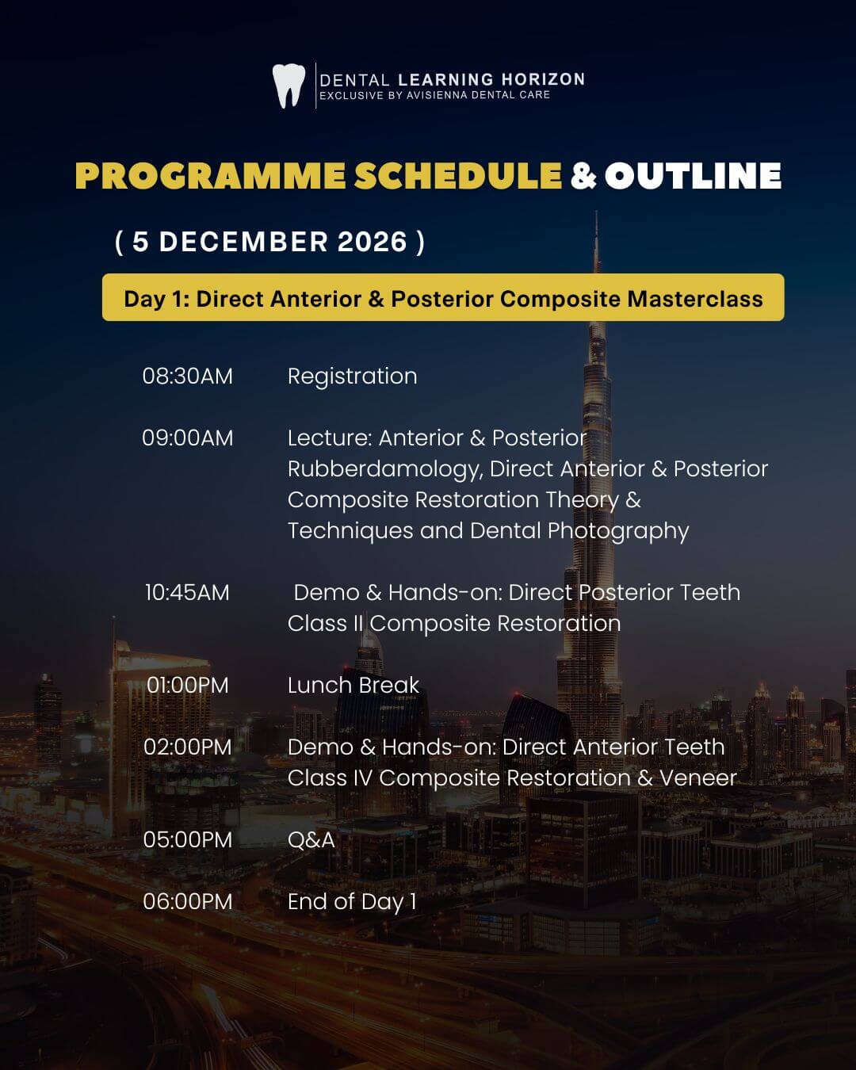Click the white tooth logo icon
click(289, 86)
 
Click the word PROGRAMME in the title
click(210, 176)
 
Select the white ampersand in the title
click(583, 176)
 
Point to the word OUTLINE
click(693, 176)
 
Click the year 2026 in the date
click(373, 242)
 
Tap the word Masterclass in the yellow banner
click(695, 299)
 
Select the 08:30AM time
click(188, 376)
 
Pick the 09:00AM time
click(188, 438)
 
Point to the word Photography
click(618, 532)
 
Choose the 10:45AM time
click(188, 593)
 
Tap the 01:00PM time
click(188, 686)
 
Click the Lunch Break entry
click(353, 686)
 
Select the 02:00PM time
click(188, 747)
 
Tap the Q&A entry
click(311, 840)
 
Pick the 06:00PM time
click(188, 902)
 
